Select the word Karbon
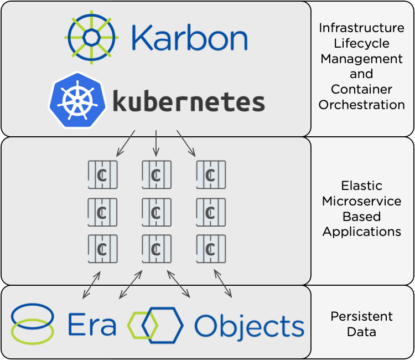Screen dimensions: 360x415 pyautogui.click(x=189, y=39)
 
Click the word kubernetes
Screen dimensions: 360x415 pyautogui.click(x=188, y=102)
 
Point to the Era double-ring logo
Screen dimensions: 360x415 pyautogui.click(x=32, y=323)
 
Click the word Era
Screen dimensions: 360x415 pyautogui.click(x=91, y=325)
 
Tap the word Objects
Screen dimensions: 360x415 pyautogui.click(x=249, y=326)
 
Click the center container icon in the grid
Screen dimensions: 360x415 pyautogui.click(x=155, y=213)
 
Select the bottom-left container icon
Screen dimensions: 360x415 pyautogui.click(x=102, y=249)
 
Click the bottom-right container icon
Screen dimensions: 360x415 pyautogui.click(x=210, y=249)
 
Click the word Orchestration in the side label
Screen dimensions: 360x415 pyautogui.click(x=361, y=104)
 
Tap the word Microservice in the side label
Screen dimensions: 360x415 pyautogui.click(x=361, y=201)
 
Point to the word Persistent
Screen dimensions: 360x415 pyautogui.click(x=361, y=316)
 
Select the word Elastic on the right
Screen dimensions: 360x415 pyautogui.click(x=361, y=186)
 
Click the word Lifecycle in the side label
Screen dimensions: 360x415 pyautogui.click(x=361, y=43)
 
